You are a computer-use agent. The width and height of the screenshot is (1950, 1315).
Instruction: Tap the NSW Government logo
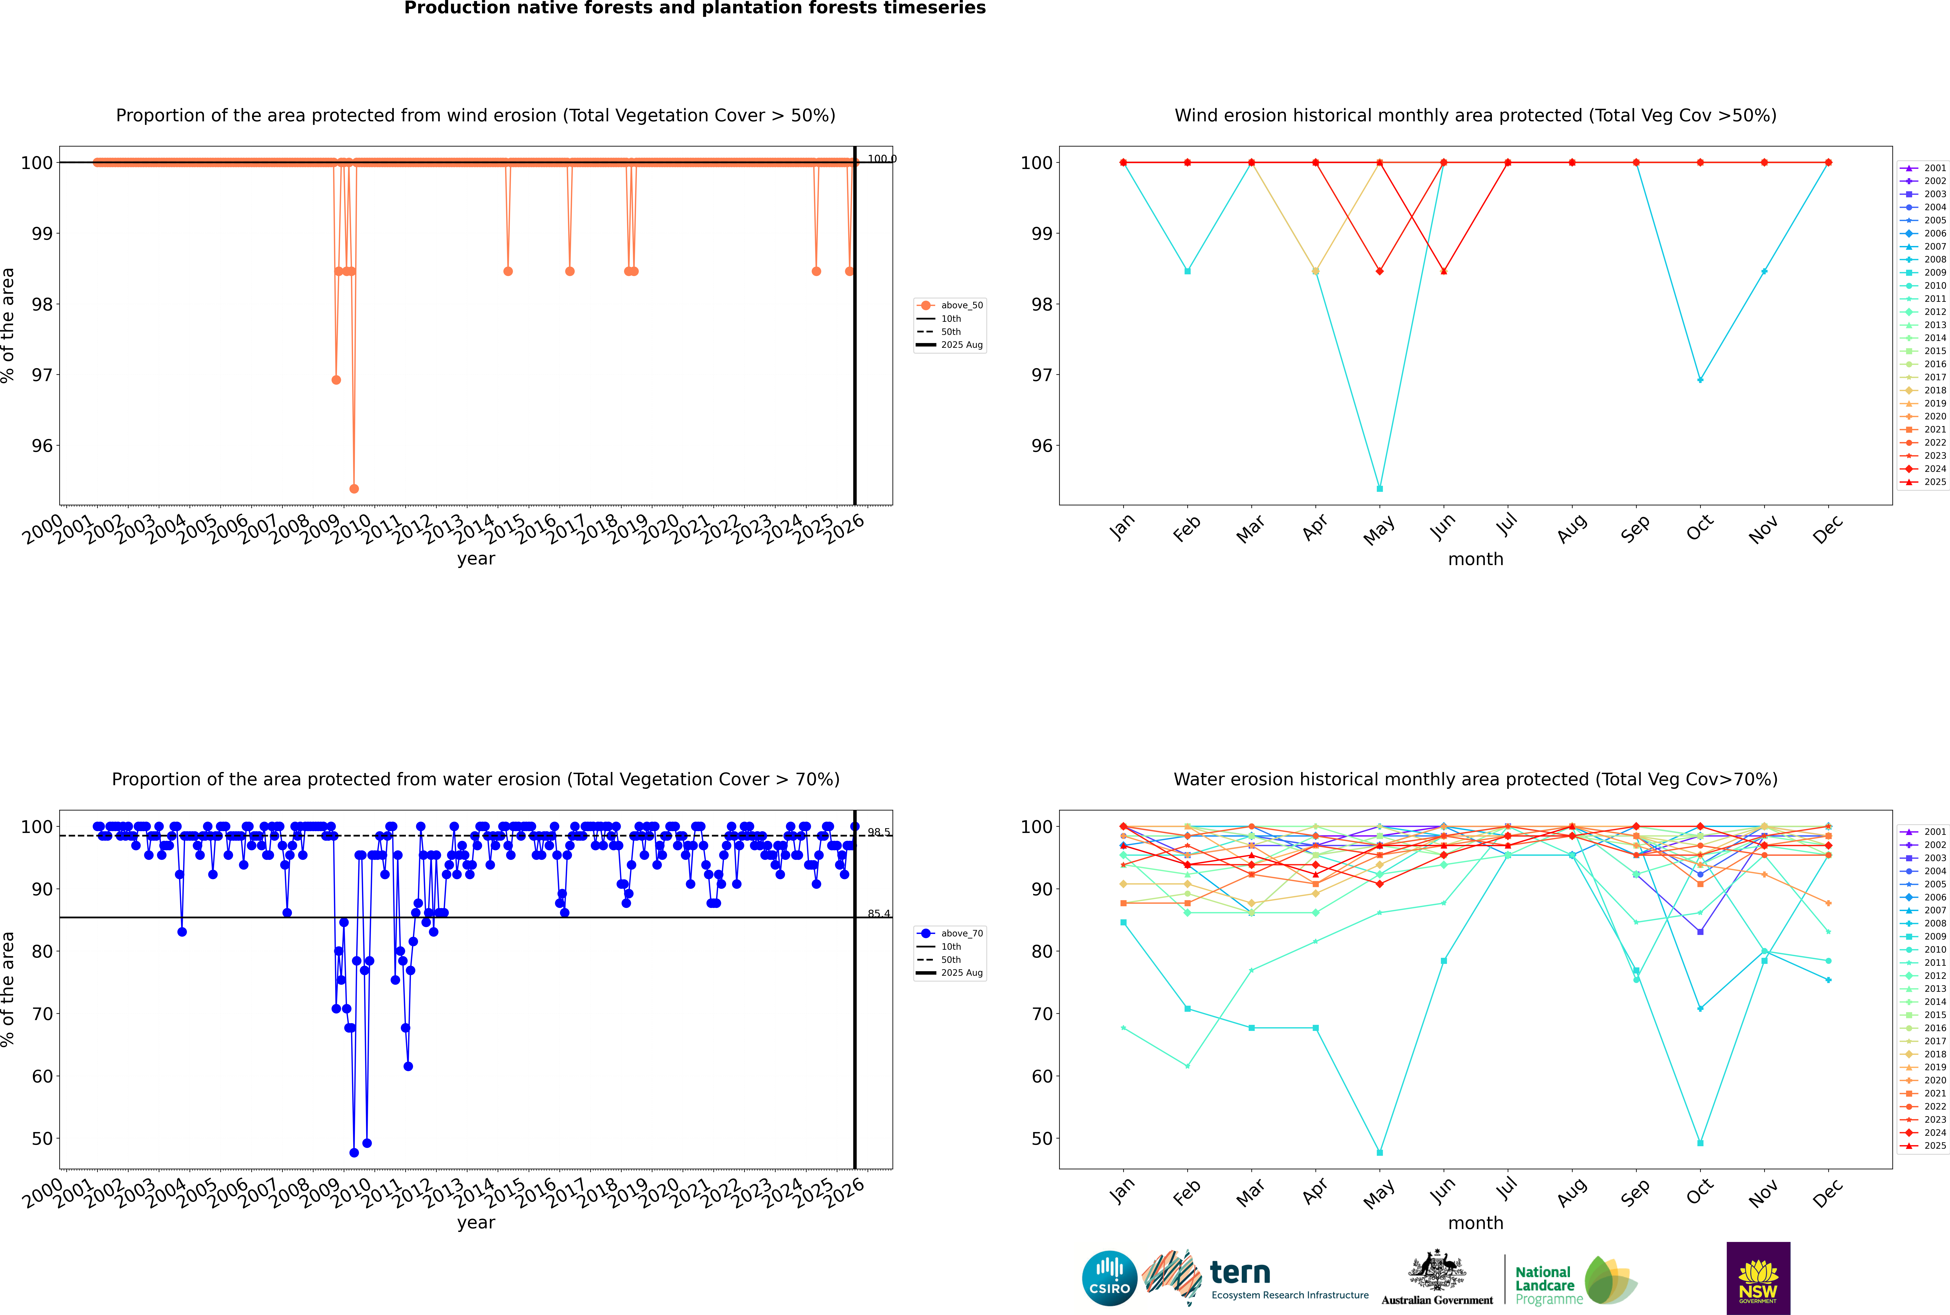(1758, 1277)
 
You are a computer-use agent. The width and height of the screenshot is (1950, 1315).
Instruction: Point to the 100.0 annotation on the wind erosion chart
(881, 159)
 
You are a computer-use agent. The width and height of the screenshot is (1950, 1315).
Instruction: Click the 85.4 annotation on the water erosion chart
(879, 913)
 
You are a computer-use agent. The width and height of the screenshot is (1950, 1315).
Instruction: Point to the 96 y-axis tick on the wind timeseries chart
(42, 445)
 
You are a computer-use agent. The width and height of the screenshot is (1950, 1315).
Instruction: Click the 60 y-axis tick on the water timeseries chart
(42, 1076)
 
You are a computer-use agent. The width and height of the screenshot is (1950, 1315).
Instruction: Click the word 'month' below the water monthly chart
(1475, 1223)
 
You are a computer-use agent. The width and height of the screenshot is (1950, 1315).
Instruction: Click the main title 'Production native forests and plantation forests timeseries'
(695, 8)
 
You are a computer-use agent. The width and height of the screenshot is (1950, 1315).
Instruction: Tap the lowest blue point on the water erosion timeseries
(354, 1152)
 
